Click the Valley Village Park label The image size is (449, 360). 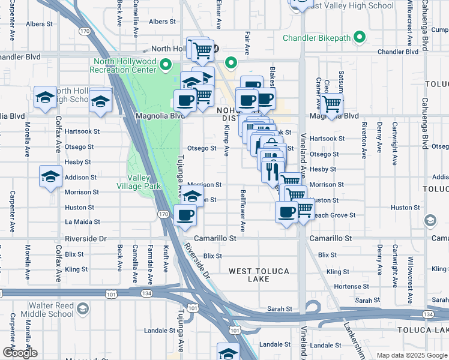(x=144, y=182)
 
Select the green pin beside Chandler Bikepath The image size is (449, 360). (x=360, y=37)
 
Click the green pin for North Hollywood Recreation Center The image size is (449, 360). (x=166, y=65)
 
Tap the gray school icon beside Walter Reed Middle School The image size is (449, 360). (x=83, y=309)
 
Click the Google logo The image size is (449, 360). (x=20, y=352)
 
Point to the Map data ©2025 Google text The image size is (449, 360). (x=411, y=355)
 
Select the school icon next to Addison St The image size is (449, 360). (x=50, y=177)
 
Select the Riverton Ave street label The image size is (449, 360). (x=364, y=140)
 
